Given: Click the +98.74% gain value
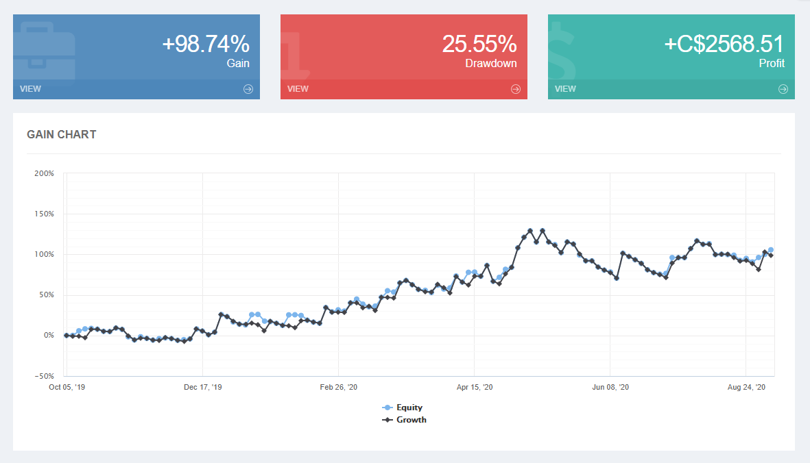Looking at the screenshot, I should pos(206,45).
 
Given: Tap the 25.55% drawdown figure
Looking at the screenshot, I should pos(479,45).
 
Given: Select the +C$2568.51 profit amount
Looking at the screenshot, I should pos(724,45).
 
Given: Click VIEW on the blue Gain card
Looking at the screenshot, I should pos(30,89).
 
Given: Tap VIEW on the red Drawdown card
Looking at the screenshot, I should pos(298,89).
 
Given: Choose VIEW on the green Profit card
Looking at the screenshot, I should pos(565,89).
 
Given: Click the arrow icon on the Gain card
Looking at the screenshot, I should pos(248,89).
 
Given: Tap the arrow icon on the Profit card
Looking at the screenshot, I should pos(783,89).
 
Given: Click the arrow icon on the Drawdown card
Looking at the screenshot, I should pos(516,89).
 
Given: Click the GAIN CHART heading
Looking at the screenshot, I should pos(62,135).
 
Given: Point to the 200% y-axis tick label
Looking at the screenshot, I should pos(44,173).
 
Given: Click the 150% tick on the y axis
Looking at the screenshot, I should pos(44,214).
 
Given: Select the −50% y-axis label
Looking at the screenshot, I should pos(43,376).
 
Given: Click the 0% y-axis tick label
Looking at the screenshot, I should pos(48,336).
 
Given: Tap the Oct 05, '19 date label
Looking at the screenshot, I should pos(67,388).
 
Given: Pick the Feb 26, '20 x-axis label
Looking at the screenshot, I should pos(339,388).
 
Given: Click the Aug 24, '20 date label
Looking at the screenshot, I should pos(746,388).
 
